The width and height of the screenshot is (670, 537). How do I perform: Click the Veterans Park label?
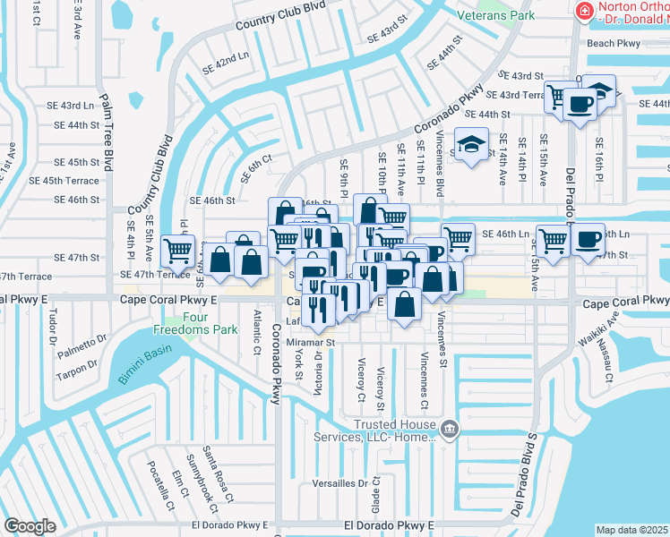tap(495, 16)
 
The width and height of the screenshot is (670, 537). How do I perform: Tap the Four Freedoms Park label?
tap(202, 322)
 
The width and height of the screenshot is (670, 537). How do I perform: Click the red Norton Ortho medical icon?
tap(585, 11)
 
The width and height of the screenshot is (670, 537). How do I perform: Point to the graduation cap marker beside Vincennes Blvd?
tap(470, 144)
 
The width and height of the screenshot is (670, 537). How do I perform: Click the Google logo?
tap(30, 526)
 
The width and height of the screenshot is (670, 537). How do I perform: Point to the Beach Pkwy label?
tap(614, 43)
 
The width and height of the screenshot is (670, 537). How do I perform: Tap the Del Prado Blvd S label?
tap(524, 475)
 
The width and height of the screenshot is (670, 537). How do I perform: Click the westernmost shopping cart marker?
tap(178, 250)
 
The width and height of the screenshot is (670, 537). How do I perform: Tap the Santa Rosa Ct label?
tap(216, 474)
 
